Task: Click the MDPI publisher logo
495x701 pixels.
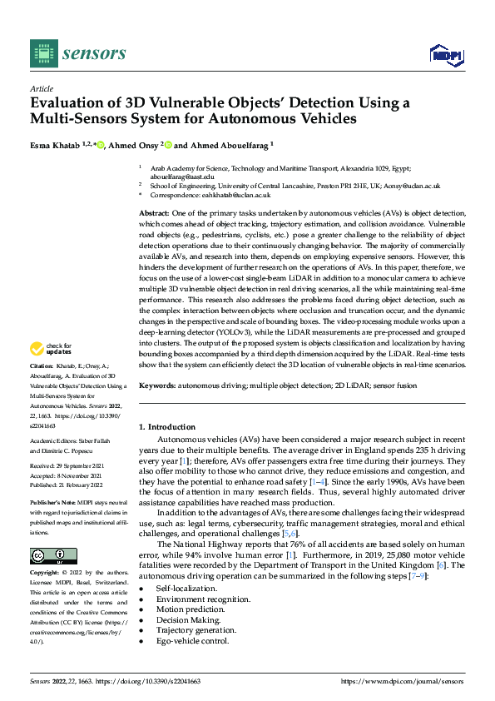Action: coord(445,55)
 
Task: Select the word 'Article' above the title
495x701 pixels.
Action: coord(41,87)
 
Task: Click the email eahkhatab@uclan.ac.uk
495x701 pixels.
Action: coord(235,195)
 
